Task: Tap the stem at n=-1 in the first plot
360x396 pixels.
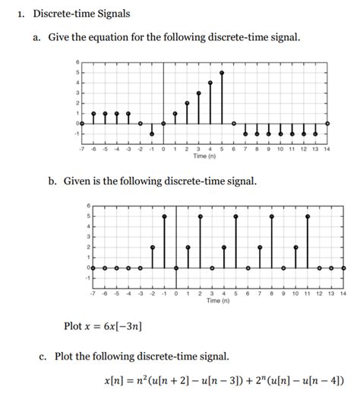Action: click(x=152, y=128)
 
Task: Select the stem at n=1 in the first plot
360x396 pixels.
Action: click(x=175, y=118)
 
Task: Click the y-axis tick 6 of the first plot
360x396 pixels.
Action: click(x=76, y=61)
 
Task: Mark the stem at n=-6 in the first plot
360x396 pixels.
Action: click(x=93, y=118)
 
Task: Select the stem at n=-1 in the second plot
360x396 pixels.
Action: click(x=164, y=242)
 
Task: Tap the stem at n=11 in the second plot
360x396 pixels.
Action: click(x=308, y=242)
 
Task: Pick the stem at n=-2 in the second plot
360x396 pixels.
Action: click(x=153, y=257)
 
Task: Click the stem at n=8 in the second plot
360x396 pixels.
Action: click(x=272, y=242)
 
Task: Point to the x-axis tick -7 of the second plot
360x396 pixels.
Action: click(x=91, y=292)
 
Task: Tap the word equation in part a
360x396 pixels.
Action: click(x=127, y=37)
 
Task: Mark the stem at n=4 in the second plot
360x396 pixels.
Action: click(x=224, y=257)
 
